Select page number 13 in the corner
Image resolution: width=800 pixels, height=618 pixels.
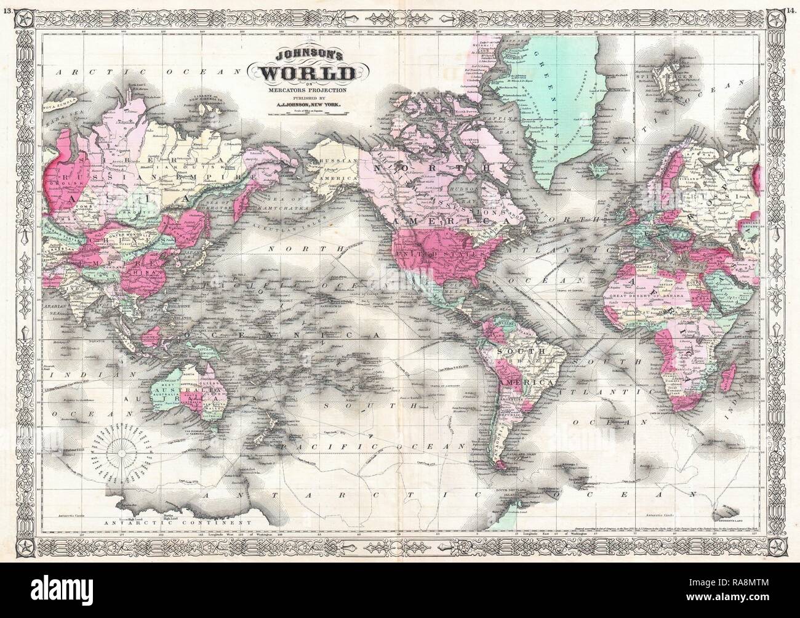(6, 5)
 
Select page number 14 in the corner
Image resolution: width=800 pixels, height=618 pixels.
(793, 5)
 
